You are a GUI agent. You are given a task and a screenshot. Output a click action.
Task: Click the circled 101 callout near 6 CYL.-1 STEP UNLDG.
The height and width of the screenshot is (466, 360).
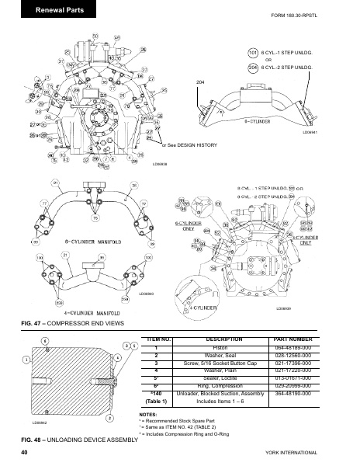(x=253, y=53)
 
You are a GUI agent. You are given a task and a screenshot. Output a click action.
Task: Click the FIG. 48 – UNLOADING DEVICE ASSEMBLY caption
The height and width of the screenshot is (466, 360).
(x=78, y=440)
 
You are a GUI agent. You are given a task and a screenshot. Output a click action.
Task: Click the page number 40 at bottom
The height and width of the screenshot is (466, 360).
(x=25, y=452)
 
